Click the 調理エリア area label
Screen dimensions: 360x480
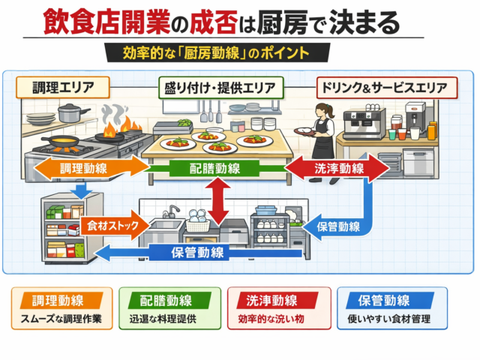click(x=61, y=88)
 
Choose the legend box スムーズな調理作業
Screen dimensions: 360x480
click(x=61, y=308)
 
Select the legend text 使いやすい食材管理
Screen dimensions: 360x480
click(x=391, y=319)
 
